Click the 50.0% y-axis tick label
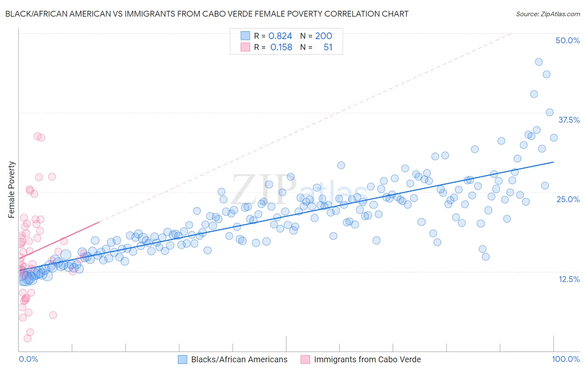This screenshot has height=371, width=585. pyautogui.click(x=568, y=40)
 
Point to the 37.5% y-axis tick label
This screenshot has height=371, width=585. pyautogui.click(x=569, y=120)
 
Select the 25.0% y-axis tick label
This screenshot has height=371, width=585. pyautogui.click(x=568, y=199)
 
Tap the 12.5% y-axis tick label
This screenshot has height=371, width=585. pyautogui.click(x=569, y=279)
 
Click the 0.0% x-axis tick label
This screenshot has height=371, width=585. pyautogui.click(x=28, y=359)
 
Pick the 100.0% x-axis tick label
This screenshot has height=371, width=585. pyautogui.click(x=565, y=359)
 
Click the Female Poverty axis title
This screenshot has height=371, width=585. pyautogui.click(x=12, y=190)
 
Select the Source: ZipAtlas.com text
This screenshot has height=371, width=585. pyautogui.click(x=548, y=14)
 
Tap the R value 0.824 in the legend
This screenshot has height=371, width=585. pyautogui.click(x=280, y=36)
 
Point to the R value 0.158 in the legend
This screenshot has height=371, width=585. pyautogui.click(x=281, y=47)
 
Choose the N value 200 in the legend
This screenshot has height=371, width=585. pyautogui.click(x=323, y=36)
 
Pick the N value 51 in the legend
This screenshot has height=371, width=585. pyautogui.click(x=328, y=47)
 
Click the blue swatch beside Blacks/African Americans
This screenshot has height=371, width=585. pyautogui.click(x=182, y=359)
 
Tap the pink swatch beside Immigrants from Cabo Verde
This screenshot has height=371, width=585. pyautogui.click(x=305, y=359)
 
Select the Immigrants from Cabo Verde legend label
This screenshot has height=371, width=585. pyautogui.click(x=367, y=359)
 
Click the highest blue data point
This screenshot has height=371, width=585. pyautogui.click(x=538, y=62)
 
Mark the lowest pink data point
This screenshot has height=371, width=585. pyautogui.click(x=27, y=338)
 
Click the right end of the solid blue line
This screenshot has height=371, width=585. pyautogui.click(x=554, y=162)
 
